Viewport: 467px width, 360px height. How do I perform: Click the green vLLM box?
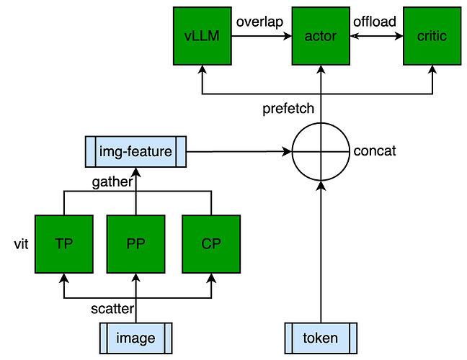pyautogui.click(x=203, y=35)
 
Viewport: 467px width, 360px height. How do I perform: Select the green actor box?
pyautogui.click(x=321, y=35)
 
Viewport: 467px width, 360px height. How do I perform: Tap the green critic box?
pyautogui.click(x=432, y=35)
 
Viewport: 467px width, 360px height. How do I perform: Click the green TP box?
pyautogui.click(x=63, y=243)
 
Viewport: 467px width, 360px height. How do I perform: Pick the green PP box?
pyautogui.click(x=135, y=243)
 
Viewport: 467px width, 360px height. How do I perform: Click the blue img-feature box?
pyautogui.click(x=135, y=152)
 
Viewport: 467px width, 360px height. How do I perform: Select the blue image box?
pyautogui.click(x=135, y=338)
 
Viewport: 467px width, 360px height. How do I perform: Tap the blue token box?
pyautogui.click(x=321, y=338)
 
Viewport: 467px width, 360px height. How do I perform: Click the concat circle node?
pyautogui.click(x=321, y=152)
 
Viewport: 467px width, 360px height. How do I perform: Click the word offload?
pyautogui.click(x=375, y=22)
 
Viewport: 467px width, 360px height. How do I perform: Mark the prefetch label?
pyautogui.click(x=288, y=109)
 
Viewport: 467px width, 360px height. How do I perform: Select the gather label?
pyautogui.click(x=112, y=181)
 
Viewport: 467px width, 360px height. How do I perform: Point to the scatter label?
pyautogui.click(x=112, y=308)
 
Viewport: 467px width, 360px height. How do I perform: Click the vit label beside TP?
pyautogui.click(x=19, y=243)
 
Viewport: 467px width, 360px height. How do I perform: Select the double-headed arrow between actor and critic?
pyautogui.click(x=376, y=35)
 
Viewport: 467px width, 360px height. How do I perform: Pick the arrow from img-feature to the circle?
pyautogui.click(x=238, y=152)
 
